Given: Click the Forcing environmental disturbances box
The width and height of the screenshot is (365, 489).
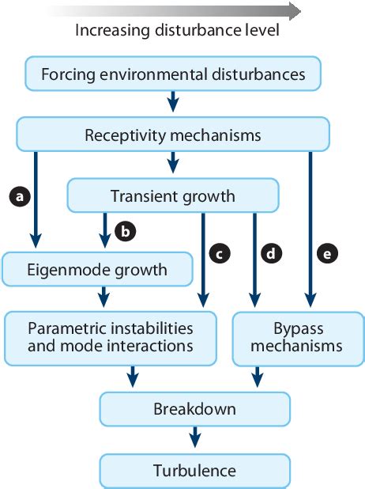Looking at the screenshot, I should click(173, 76).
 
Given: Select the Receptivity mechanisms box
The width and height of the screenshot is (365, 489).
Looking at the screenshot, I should click(173, 135).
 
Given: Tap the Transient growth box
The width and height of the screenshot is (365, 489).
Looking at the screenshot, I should click(173, 195).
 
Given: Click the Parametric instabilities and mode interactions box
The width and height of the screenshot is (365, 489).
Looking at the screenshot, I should click(110, 337).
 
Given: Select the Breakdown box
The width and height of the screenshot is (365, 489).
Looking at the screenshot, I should click(194, 410).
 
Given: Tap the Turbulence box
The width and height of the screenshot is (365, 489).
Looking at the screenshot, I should click(194, 471).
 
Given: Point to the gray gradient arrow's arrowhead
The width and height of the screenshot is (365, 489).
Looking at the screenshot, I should click(294, 10).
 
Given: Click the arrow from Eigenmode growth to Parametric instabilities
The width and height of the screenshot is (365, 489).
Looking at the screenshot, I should click(103, 298).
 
